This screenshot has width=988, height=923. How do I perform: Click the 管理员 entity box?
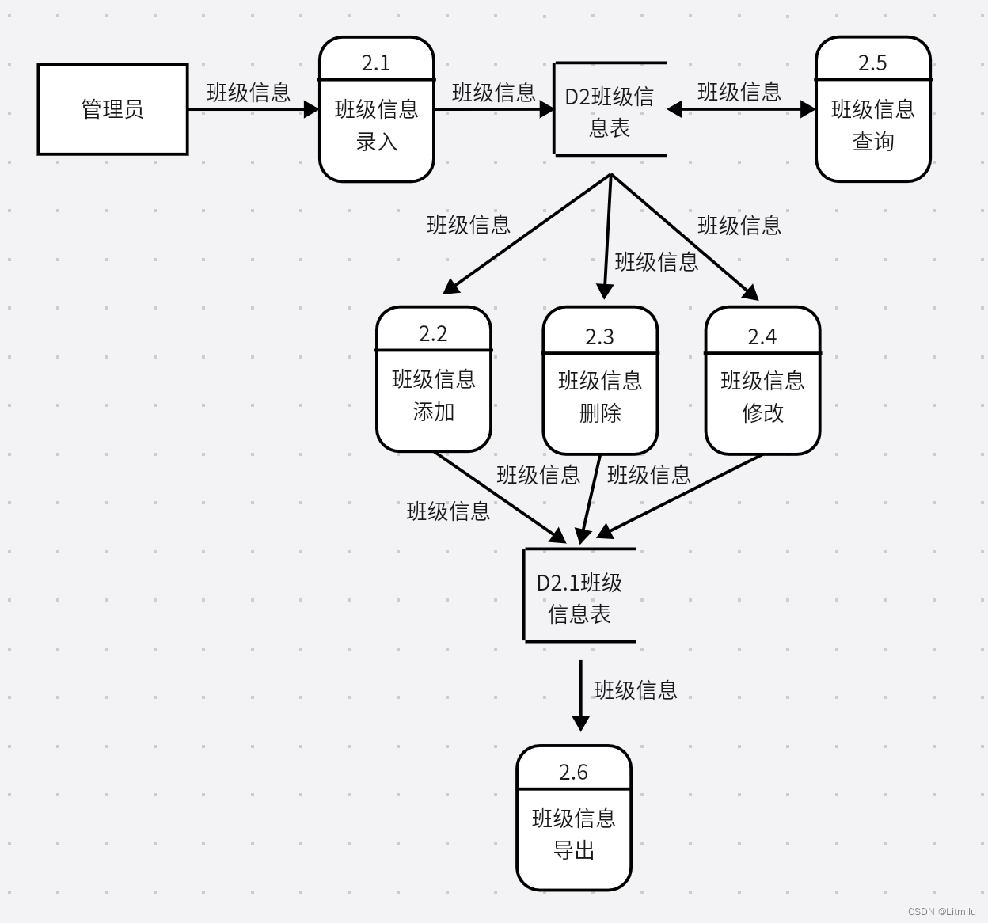pyautogui.click(x=112, y=109)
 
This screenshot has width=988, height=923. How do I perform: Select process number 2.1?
pyautogui.click(x=376, y=63)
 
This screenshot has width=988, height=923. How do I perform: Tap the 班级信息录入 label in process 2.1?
pyautogui.click(x=376, y=126)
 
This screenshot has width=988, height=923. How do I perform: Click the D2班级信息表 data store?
pyautogui.click(x=609, y=111)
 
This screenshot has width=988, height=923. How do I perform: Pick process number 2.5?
pyautogui.click(x=872, y=63)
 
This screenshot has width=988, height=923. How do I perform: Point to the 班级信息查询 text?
pyautogui.click(x=872, y=125)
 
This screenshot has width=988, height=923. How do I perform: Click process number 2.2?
pyautogui.click(x=433, y=333)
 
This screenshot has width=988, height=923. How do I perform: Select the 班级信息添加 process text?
pyautogui.click(x=433, y=395)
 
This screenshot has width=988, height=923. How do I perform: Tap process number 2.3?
pyautogui.click(x=599, y=336)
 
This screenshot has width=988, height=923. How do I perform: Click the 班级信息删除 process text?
pyautogui.click(x=599, y=397)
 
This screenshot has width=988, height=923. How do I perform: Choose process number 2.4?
pyautogui.click(x=762, y=336)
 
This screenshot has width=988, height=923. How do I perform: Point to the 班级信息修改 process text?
pyautogui.click(x=762, y=397)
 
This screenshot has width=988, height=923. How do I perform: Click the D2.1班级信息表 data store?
pyautogui.click(x=579, y=597)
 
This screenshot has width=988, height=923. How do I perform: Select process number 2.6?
pyautogui.click(x=573, y=772)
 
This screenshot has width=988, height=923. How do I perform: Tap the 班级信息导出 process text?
pyautogui.click(x=573, y=834)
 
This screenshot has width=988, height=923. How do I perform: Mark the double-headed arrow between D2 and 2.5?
pyautogui.click(x=740, y=109)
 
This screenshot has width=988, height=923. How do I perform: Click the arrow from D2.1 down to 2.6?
pyautogui.click(x=581, y=693)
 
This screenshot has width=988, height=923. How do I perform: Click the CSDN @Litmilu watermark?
pyautogui.click(x=941, y=912)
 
